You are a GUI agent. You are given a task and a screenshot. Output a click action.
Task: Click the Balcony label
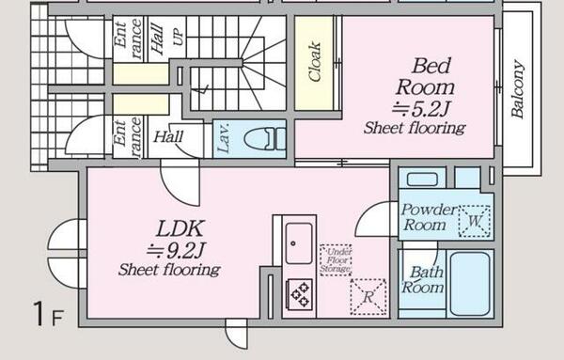click(517, 89)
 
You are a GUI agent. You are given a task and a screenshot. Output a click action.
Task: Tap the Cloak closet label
click(314, 61)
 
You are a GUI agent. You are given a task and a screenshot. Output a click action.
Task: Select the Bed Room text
click(426, 76)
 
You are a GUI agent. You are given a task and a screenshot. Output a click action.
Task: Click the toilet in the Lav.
click(265, 138)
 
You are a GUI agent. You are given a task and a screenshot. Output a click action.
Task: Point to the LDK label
click(180, 228)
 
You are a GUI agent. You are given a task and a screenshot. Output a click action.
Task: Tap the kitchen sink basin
click(299, 243)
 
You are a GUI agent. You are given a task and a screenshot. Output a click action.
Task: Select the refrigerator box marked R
click(368, 297)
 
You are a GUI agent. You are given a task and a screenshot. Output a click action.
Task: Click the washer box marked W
click(475, 221)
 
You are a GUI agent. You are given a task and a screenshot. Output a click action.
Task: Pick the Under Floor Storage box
click(336, 260)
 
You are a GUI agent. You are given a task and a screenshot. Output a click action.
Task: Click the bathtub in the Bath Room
click(470, 284)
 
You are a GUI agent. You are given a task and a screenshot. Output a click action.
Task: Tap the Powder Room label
click(429, 217)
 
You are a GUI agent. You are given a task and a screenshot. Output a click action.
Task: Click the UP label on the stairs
click(179, 37)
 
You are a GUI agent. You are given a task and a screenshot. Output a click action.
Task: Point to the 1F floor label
click(49, 314)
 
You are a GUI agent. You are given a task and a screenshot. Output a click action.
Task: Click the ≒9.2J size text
click(177, 251)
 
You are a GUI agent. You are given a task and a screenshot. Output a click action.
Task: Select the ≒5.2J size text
click(421, 109)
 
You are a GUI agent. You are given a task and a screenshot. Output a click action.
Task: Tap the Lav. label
click(224, 138)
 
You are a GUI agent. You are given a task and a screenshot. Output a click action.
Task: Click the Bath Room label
click(423, 280)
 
